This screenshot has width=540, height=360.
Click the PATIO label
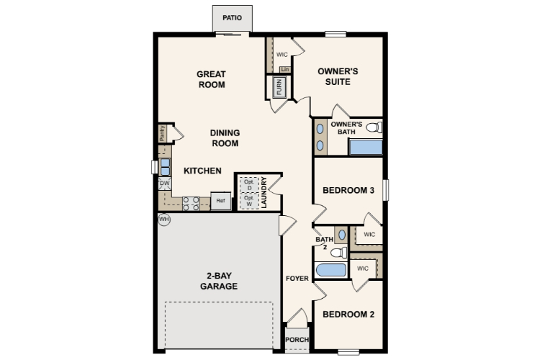pyautogui.click(x=232, y=17)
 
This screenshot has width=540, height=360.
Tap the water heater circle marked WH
pyautogui.click(x=164, y=219)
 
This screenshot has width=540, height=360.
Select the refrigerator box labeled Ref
pyautogui.click(x=221, y=200)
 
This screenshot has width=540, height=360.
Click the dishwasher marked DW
pyautogui.click(x=165, y=184)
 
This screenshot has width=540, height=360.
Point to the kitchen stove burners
pyautogui.click(x=191, y=204)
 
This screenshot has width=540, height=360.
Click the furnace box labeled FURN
pyautogui.click(x=279, y=87)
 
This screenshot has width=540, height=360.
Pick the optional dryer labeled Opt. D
pyautogui.click(x=249, y=184)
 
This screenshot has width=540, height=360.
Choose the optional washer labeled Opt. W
pyautogui.click(x=249, y=200)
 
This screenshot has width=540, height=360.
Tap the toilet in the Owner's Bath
pyautogui.click(x=374, y=127)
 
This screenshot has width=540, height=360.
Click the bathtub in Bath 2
pyautogui.click(x=331, y=270)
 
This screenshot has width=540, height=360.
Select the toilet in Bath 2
pyautogui.click(x=339, y=253)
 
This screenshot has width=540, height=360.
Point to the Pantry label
pyautogui.click(x=162, y=133)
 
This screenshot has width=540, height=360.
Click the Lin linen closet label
pyautogui.click(x=285, y=69)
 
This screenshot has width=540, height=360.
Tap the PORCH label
pyautogui.click(x=297, y=340)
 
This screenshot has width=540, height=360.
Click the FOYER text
pyautogui.click(x=297, y=279)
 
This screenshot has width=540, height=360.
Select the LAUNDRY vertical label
pyautogui.click(x=264, y=192)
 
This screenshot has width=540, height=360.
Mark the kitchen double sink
pyautogui.click(x=166, y=167)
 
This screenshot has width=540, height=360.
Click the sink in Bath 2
pyautogui.click(x=341, y=235)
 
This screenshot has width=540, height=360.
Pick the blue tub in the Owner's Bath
pyautogui.click(x=366, y=147)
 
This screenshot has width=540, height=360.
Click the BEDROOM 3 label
pyautogui.click(x=348, y=190)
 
